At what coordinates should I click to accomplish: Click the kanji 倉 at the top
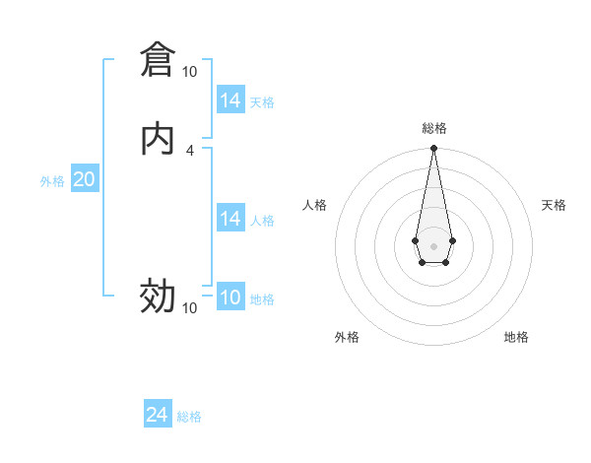pos(157,59)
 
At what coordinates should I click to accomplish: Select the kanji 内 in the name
pos(157,138)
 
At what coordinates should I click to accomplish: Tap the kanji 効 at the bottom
pos(157,296)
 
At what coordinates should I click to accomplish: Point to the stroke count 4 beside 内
pos(189,150)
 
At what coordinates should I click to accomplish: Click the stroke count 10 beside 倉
pos(189,72)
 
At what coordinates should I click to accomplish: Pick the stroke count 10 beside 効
pos(189,308)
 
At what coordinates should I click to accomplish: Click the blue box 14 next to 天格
pos(230,100)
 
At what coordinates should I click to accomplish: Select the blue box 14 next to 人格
pos(230,219)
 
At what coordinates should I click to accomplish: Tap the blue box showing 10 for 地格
pos(230,298)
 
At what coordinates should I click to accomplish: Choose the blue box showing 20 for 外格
pos(84,179)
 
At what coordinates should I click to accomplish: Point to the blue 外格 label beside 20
pos(52,181)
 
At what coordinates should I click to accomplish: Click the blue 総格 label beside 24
pos(189,417)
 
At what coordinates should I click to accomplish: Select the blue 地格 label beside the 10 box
pos(262,299)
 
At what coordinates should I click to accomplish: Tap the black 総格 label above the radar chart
pos(434,128)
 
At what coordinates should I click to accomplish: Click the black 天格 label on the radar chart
pos(554,205)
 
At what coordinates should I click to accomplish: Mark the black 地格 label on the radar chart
pos(516,337)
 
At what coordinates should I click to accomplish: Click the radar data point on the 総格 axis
pos(433,149)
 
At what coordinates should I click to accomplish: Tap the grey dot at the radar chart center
pos(433,245)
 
